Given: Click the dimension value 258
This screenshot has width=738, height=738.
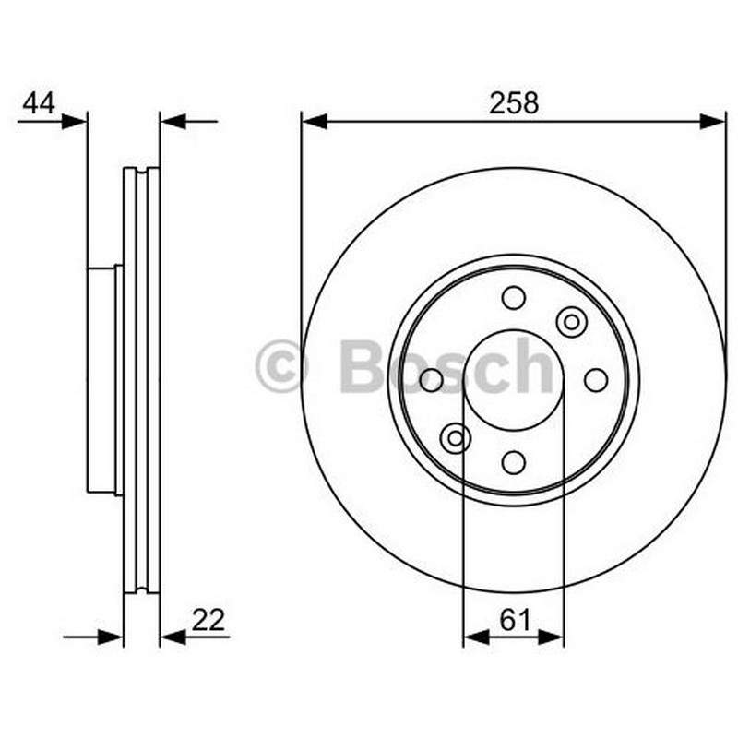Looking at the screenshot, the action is click(x=514, y=103).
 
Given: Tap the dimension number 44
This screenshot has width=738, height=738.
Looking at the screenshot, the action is click(x=39, y=103).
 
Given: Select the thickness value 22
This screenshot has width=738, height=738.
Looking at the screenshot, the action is click(x=208, y=620).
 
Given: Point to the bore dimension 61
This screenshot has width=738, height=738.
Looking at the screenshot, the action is click(x=515, y=620).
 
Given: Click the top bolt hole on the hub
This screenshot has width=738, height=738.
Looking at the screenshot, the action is click(x=514, y=298).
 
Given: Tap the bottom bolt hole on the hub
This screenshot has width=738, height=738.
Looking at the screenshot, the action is click(x=514, y=462).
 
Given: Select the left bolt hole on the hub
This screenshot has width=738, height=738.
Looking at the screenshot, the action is click(x=431, y=380).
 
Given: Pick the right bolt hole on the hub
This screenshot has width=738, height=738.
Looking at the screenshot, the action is click(x=596, y=380).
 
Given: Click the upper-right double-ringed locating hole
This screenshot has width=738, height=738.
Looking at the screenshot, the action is click(x=571, y=322).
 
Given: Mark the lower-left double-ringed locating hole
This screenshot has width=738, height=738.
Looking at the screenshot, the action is click(x=455, y=438).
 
